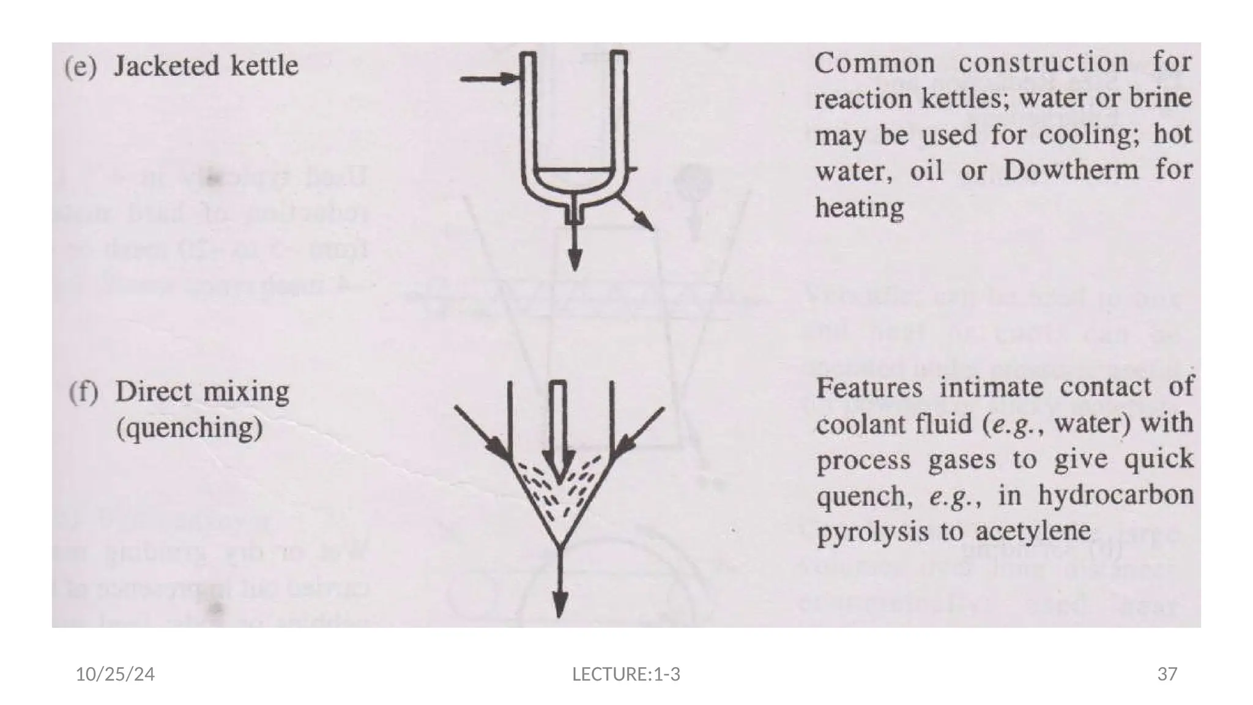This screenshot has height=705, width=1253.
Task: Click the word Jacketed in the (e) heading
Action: click(173, 66)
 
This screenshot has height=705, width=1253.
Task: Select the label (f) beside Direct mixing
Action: click(83, 392)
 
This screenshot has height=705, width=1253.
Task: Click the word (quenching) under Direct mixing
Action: click(189, 428)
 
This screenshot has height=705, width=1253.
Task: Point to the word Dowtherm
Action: click(1071, 170)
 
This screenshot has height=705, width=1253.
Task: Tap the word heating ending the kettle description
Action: click(859, 208)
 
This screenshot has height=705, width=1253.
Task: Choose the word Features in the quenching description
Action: click(869, 388)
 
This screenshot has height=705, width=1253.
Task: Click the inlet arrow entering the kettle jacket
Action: click(489, 78)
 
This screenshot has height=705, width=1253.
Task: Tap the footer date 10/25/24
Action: click(115, 674)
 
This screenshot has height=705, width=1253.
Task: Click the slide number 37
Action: click(1167, 674)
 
